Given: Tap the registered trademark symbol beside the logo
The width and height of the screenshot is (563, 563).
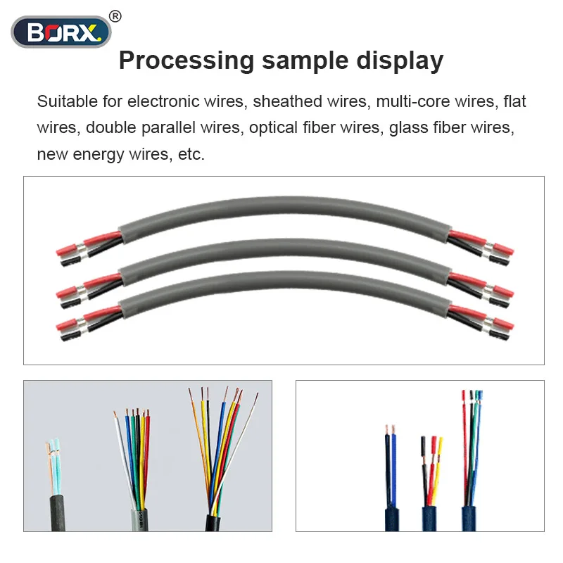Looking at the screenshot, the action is pos(116,15).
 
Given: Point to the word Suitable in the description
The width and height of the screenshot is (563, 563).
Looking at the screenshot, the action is pos(68,101).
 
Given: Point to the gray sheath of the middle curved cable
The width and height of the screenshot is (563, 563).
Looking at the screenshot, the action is pos(281,247).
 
